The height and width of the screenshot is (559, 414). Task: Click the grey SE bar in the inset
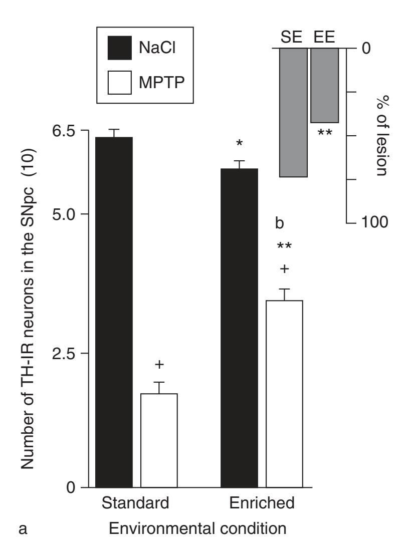(x=293, y=112)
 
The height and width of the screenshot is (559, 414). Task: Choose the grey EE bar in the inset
(x=325, y=85)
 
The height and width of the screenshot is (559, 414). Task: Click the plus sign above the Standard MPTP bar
(x=159, y=365)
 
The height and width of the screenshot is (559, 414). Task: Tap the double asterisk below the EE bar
(x=325, y=134)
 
